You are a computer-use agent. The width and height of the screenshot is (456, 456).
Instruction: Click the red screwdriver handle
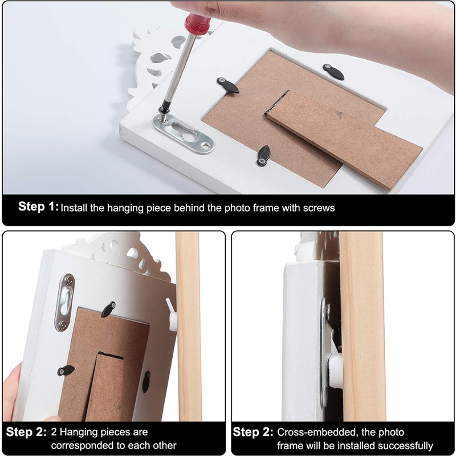click(198, 23)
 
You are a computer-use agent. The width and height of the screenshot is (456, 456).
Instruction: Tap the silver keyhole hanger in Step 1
click(184, 133)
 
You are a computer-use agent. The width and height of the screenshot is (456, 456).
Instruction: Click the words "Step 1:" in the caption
click(38, 207)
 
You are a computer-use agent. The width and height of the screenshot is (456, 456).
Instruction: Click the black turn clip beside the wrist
click(333, 72)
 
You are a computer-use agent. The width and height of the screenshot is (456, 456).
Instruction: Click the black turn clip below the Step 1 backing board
click(263, 156)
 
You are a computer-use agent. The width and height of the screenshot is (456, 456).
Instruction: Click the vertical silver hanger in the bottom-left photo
click(65, 303)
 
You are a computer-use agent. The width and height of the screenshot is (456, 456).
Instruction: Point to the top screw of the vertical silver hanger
click(70, 281)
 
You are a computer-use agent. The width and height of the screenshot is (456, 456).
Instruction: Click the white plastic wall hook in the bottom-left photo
click(172, 315)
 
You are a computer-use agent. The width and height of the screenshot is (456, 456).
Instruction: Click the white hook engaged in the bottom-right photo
click(335, 367)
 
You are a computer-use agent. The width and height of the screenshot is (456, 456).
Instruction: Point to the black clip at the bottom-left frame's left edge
click(66, 370)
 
